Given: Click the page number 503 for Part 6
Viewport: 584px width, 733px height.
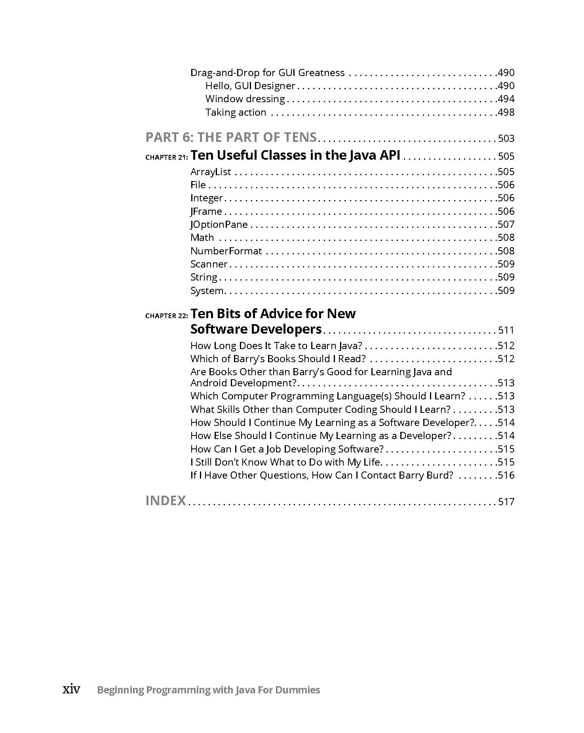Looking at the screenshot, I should (506, 138).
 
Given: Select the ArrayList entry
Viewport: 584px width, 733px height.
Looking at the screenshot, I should (211, 172).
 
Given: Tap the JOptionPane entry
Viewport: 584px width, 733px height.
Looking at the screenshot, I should (219, 225).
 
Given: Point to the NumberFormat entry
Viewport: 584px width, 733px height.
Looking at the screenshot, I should (226, 251).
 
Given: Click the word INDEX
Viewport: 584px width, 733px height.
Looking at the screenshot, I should (165, 501).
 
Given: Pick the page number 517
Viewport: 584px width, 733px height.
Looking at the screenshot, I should (506, 502).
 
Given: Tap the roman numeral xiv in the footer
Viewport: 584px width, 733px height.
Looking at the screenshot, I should (71, 690).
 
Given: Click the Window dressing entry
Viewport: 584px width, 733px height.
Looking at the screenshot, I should (245, 99).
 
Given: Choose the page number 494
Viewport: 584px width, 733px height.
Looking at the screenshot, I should (506, 99).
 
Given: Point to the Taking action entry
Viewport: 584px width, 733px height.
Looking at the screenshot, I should (236, 113).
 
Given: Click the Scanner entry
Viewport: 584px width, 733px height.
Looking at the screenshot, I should (209, 264).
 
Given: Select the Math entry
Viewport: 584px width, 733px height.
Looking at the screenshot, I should (202, 238).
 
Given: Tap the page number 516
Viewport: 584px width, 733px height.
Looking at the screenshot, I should (506, 475).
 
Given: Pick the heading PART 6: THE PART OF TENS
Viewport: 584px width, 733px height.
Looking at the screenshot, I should (231, 137).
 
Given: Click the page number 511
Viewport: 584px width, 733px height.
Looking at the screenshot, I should (506, 330).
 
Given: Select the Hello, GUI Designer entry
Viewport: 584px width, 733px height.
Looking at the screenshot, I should (250, 86).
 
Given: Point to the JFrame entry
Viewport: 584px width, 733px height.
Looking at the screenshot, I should (206, 212).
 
